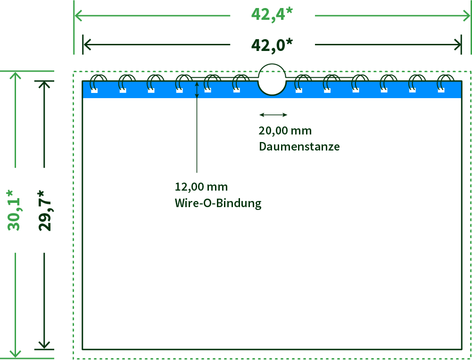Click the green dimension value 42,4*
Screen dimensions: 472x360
coord(272,14)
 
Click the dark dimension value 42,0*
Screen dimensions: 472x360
coord(272,45)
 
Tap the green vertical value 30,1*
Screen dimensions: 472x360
coord(14,210)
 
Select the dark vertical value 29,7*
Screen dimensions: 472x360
coord(45,210)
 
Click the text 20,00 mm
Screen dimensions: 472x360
coord(285,131)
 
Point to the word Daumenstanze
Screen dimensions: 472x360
coord(299,146)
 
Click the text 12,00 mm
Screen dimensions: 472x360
coord(201,187)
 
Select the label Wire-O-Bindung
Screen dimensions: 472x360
coord(218,203)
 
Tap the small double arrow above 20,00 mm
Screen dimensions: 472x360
coord(273,115)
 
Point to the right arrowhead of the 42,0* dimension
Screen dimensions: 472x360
coord(458,45)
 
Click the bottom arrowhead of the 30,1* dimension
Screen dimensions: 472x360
coord(16,354)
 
